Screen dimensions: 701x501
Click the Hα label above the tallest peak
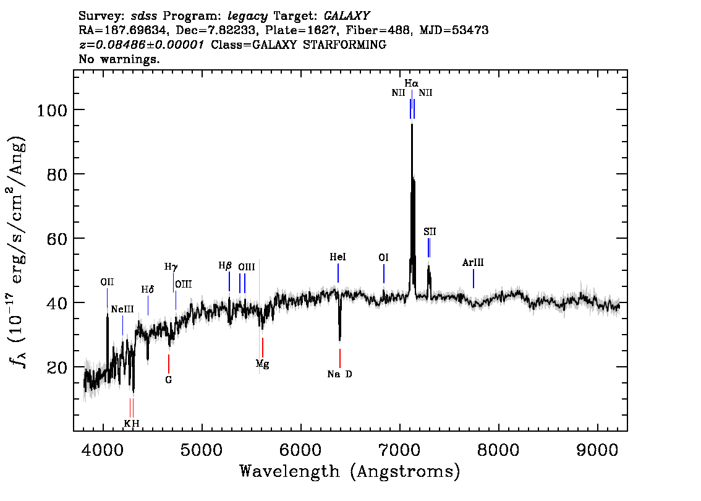tap(411, 83)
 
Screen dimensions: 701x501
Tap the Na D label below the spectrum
tap(340, 374)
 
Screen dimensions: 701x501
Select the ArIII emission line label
tap(473, 263)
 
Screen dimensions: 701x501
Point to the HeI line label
tap(338, 257)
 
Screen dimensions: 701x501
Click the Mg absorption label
tap(263, 364)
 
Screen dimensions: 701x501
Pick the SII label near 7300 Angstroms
tap(430, 231)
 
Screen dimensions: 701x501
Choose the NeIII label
tap(122, 309)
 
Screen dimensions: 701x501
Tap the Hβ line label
tap(225, 265)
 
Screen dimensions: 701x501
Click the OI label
tap(384, 257)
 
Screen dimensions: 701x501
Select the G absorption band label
tap(169, 380)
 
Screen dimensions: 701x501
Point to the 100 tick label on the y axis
tap(52, 110)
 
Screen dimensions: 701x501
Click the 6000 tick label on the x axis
tap(301, 450)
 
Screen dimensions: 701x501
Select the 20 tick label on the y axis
tap(57, 367)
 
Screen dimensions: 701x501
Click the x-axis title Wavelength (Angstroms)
tap(350, 471)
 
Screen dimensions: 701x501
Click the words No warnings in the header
tap(119, 59)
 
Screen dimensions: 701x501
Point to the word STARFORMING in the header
tap(344, 45)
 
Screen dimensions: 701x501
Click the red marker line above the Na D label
tap(340, 358)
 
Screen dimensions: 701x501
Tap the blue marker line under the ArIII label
tap(474, 279)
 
